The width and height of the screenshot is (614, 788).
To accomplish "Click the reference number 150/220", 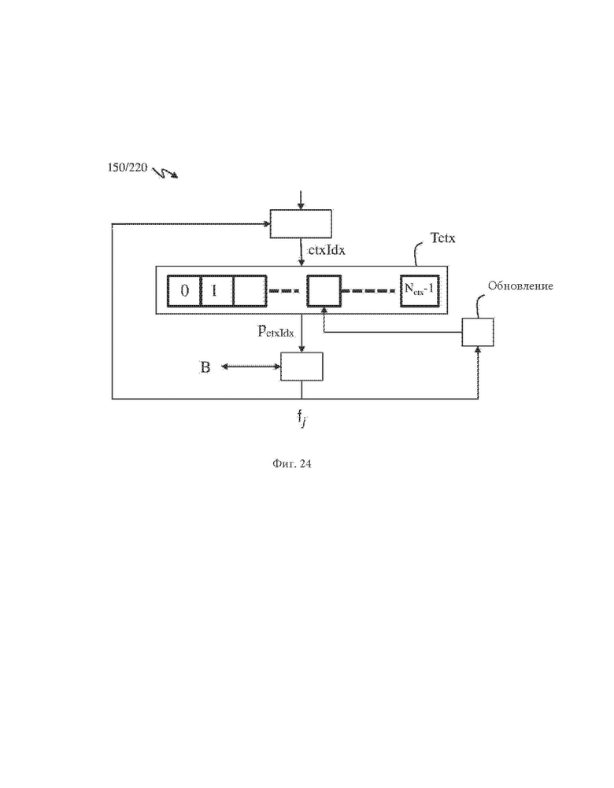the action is coord(128,168).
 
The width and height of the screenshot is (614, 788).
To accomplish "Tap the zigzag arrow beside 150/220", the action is coord(165,173).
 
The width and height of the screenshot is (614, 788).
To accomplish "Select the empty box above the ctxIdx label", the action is coord(301,223).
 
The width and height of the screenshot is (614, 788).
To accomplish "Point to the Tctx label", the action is coord(442,238).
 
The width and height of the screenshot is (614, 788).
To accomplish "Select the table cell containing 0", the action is coord(184,290).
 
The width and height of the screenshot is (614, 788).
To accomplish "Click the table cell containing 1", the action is coord(217,290).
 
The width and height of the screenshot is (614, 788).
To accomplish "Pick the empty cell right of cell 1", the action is coord(250,290).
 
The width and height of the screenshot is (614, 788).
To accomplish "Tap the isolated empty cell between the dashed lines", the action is coord(324,290).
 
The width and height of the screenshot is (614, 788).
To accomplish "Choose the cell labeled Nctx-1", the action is coord(420,290).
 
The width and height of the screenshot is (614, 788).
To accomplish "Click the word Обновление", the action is coord(520,286).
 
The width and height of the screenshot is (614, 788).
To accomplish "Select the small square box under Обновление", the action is coord(478,332).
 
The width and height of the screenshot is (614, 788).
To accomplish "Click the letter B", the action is coord(205,367).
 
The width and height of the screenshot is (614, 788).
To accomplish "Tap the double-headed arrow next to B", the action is coord(251,366).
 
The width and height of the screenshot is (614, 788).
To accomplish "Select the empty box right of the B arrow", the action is coord(301,366).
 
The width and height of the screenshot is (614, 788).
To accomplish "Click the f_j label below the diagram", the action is coord(301,418).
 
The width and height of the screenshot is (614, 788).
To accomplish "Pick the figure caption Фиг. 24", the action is coord(292,463).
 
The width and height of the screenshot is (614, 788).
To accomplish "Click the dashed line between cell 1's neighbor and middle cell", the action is coord(285,290).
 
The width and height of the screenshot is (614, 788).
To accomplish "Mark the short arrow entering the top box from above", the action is coord(301,200).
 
